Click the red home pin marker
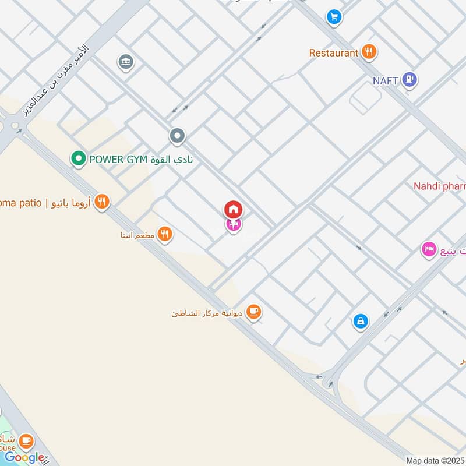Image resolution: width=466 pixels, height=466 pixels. pyautogui.click(x=233, y=209)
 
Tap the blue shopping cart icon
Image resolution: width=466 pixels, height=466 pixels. pyautogui.click(x=334, y=16)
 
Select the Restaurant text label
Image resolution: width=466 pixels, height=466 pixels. pyautogui.click(x=334, y=53)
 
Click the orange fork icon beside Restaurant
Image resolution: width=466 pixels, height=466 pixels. pyautogui.click(x=368, y=52)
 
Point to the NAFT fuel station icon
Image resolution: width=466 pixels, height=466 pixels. pyautogui.click(x=410, y=80)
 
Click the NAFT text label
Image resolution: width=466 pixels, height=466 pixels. pyautogui.click(x=386, y=80)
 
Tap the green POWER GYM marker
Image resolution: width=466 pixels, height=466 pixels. pyautogui.click(x=78, y=158)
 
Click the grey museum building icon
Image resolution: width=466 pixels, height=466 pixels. pyautogui.click(x=125, y=61)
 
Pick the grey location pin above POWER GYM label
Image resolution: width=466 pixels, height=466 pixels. pyautogui.click(x=177, y=137)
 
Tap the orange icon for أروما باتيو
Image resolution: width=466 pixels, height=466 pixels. pyautogui.click(x=102, y=202)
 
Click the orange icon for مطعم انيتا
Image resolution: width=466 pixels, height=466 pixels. pyautogui.click(x=165, y=234)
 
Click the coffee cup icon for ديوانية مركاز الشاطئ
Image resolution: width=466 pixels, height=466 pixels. pyautogui.click(x=253, y=312)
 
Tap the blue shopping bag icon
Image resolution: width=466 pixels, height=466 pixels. pyautogui.click(x=361, y=320)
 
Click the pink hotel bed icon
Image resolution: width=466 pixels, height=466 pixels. pyautogui.click(x=429, y=250)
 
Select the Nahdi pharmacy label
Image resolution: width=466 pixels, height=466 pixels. pyautogui.click(x=440, y=186)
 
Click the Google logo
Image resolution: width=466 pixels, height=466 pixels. pyautogui.click(x=24, y=457)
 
